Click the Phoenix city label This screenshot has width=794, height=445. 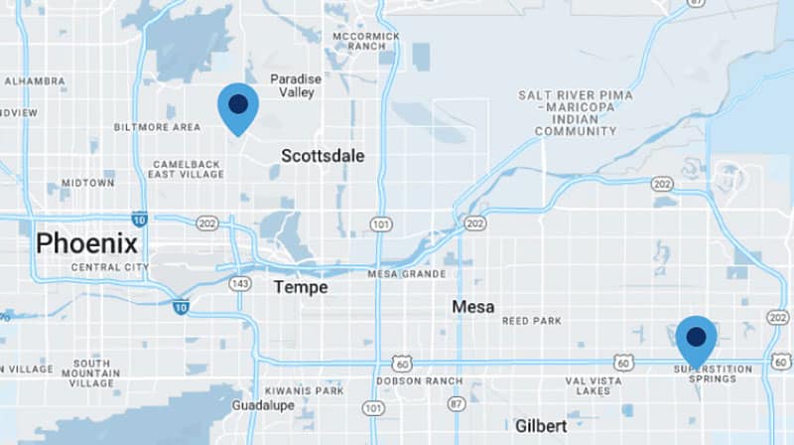tap(86, 243)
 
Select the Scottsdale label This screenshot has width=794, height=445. tap(323, 156)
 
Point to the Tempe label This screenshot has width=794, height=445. tap(301, 287)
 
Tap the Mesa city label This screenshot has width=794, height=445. tap(472, 307)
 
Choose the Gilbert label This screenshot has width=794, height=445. tap(541, 425)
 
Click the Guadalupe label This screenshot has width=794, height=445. tap(264, 406)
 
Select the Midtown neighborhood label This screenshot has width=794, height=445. tap(87, 184)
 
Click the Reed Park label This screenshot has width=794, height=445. tap(531, 321)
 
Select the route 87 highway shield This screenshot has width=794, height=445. tap(455, 404)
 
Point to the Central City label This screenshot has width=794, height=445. tap(109, 267)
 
